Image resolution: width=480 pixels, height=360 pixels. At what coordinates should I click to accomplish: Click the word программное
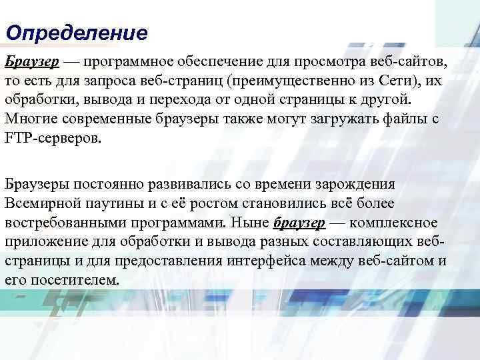click(128, 62)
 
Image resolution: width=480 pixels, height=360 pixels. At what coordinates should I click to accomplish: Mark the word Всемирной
click(43, 203)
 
